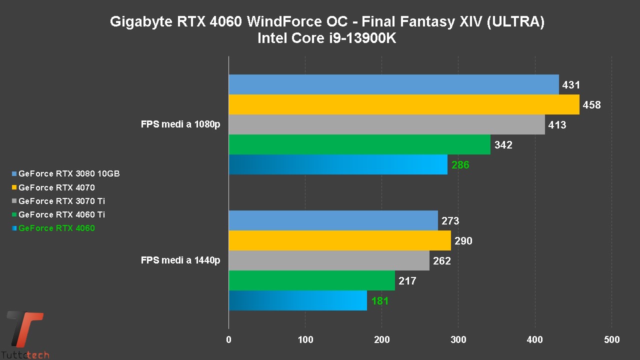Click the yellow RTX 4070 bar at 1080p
point(404,104)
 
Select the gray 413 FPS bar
point(386,124)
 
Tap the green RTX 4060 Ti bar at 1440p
point(311,280)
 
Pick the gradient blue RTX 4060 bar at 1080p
point(338,164)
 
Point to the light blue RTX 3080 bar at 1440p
point(333,220)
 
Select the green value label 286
point(460,165)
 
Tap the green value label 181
point(380,301)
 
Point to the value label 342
point(503,145)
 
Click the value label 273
point(450,221)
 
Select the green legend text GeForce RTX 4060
point(56,228)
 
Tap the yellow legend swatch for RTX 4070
point(14,187)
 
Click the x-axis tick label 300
point(458,340)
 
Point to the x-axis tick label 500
point(611,340)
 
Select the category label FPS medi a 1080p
point(180,124)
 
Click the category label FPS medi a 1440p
point(180,260)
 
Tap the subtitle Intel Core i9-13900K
point(326,38)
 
